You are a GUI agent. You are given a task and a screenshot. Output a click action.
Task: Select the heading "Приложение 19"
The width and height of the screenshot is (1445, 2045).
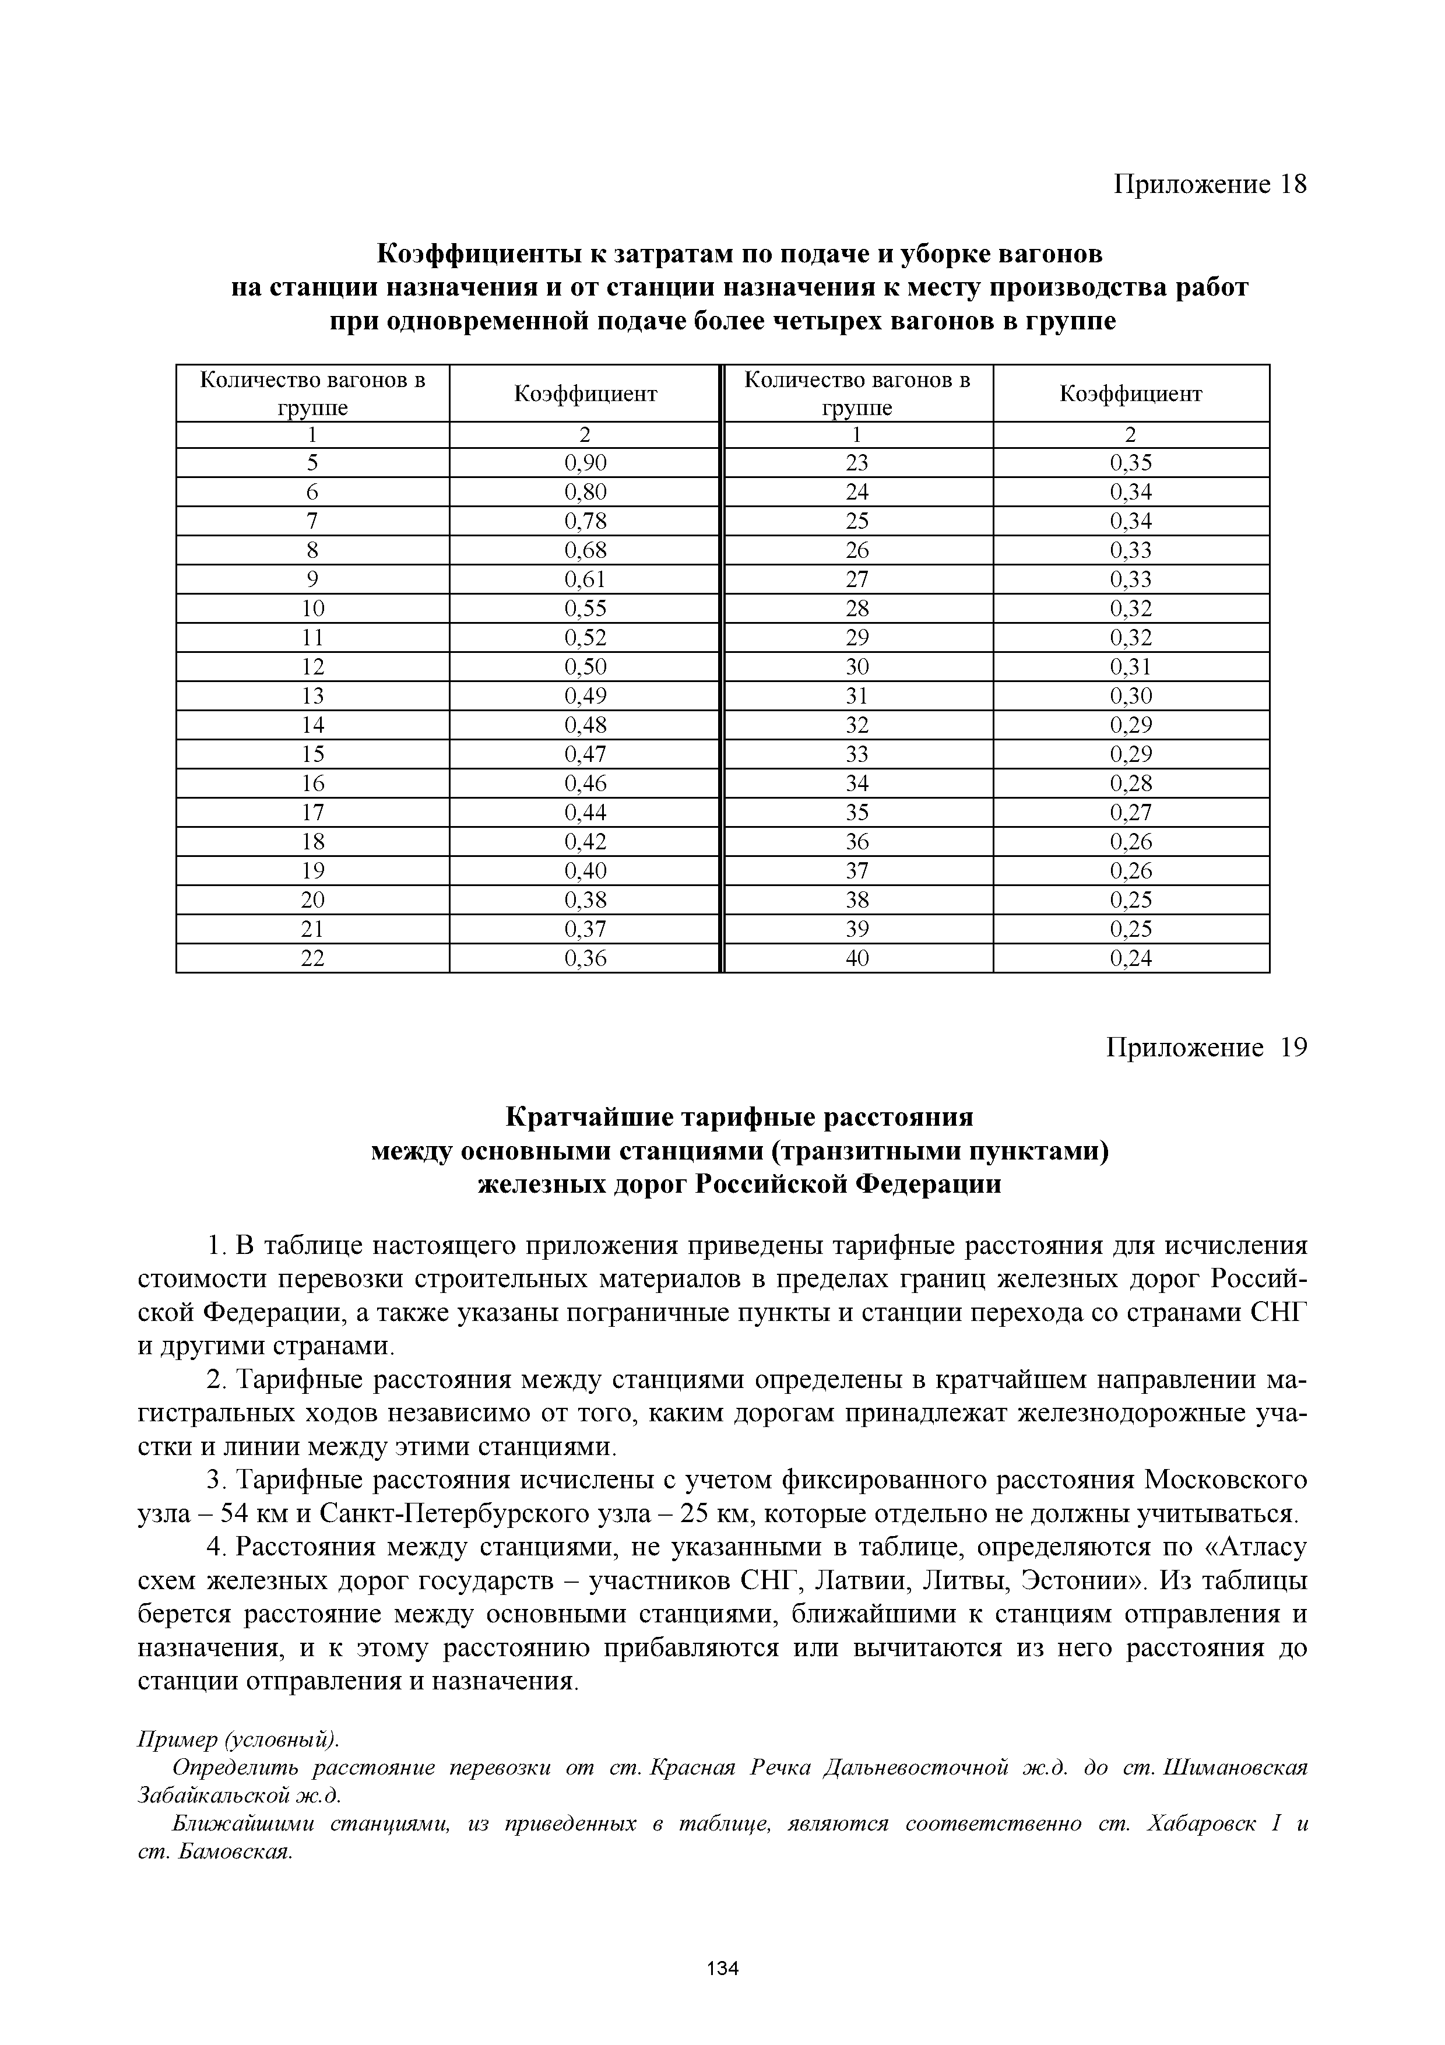[1207, 1048]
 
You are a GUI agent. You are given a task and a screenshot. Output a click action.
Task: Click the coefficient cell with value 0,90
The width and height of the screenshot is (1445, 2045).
[585, 462]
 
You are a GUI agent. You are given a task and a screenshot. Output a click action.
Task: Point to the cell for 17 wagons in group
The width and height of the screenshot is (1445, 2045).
[312, 812]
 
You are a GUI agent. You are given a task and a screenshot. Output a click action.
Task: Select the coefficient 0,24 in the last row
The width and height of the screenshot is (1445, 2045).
[1131, 958]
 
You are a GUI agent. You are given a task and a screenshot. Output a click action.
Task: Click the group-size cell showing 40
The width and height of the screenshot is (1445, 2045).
[857, 958]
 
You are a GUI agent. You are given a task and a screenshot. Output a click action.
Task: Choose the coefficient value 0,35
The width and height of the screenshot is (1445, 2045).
[1131, 462]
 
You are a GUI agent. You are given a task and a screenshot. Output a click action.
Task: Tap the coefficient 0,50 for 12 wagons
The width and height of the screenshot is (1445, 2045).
[585, 667]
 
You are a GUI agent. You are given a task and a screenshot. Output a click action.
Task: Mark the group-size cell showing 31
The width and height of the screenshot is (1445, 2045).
[857, 695]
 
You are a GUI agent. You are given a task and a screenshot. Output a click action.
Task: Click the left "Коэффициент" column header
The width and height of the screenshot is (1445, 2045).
[585, 393]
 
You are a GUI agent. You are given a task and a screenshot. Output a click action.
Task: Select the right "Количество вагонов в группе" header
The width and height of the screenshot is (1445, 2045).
[857, 393]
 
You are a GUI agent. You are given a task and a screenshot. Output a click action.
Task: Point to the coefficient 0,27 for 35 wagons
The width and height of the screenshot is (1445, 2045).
[1131, 812]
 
